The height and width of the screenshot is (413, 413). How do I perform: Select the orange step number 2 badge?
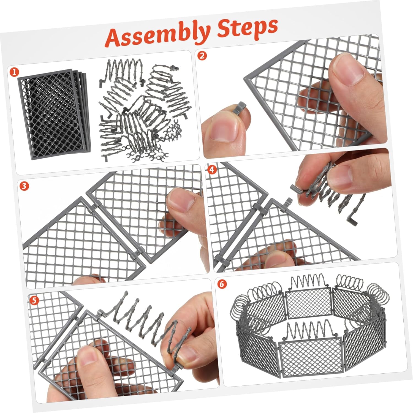(202, 56)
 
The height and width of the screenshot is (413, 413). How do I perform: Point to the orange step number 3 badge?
(24, 186)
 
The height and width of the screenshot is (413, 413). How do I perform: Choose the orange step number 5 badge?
(34, 301)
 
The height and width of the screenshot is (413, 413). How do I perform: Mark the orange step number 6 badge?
(222, 284)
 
